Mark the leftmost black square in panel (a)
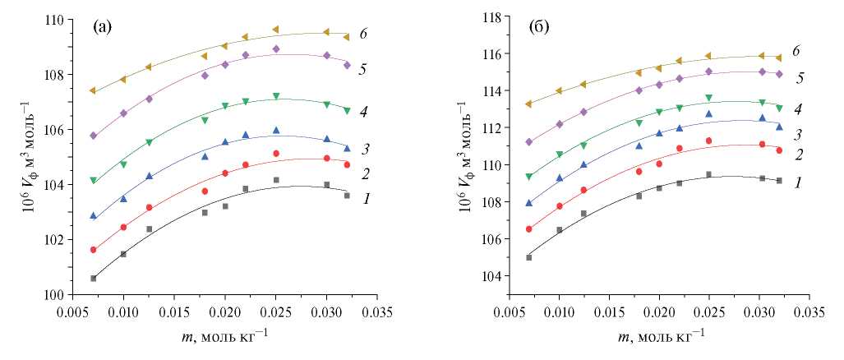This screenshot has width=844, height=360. pyautogui.click(x=94, y=279)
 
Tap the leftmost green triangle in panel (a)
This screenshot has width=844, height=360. pyautogui.click(x=94, y=181)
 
